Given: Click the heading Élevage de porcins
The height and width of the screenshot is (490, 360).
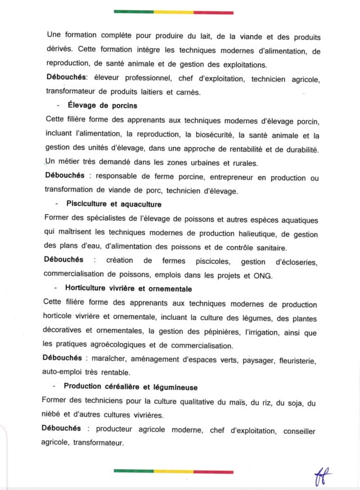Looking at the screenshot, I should click(x=102, y=105).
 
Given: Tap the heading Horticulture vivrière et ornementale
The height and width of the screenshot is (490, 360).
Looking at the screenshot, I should click(x=120, y=289).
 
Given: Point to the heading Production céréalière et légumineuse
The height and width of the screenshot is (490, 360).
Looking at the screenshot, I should click(x=130, y=387).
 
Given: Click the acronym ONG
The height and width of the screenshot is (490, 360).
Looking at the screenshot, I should click(x=262, y=276).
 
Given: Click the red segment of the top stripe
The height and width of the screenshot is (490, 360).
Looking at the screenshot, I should click(x=213, y=12).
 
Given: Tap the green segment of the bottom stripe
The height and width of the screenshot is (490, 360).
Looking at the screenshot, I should click(x=133, y=471).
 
